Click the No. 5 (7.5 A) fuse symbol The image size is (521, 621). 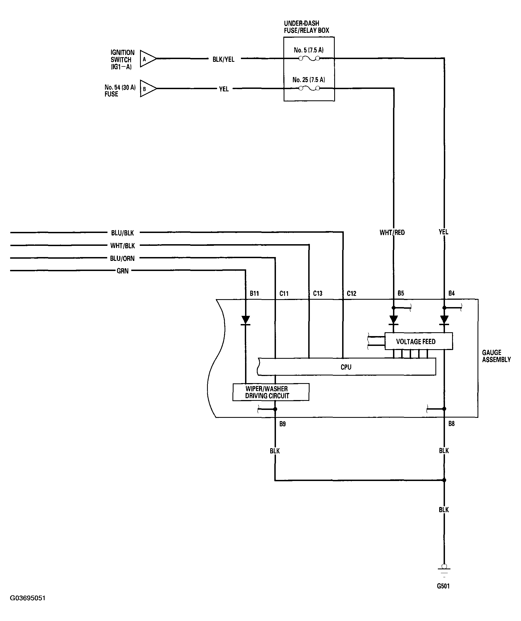(x=309, y=59)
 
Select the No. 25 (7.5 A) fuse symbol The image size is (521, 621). (x=309, y=88)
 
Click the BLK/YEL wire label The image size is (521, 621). (x=223, y=59)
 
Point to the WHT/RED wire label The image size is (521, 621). (x=392, y=232)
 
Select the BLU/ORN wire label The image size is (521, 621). (x=122, y=258)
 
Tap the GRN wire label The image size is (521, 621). (x=123, y=271)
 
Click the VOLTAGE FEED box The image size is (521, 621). (x=419, y=341)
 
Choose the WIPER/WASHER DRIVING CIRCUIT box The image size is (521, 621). (x=271, y=392)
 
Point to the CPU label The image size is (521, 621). (x=346, y=367)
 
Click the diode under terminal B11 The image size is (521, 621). (x=245, y=320)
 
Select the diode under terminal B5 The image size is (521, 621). (x=394, y=320)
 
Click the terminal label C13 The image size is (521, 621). (x=318, y=293)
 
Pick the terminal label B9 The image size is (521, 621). (x=283, y=424)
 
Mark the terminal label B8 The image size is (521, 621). (x=452, y=424)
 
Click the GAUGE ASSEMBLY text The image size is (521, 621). (x=496, y=356)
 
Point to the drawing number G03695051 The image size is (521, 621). (x=28, y=598)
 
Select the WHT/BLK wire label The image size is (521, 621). (x=123, y=246)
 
